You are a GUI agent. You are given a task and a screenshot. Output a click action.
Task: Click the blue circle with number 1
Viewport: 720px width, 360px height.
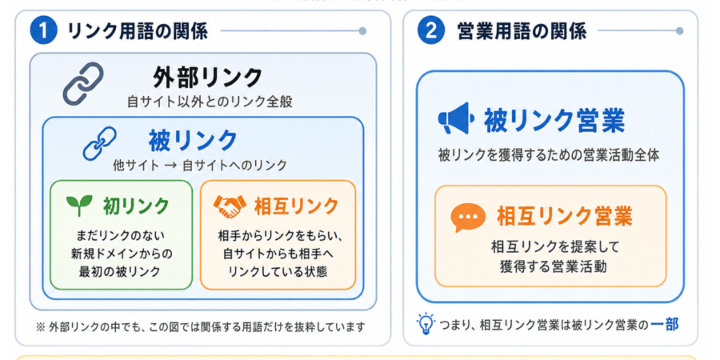(x=44, y=31)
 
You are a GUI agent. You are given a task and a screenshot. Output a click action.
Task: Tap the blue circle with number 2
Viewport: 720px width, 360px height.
(x=431, y=31)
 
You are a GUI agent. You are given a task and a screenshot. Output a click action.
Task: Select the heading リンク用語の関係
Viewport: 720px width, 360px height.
(x=138, y=32)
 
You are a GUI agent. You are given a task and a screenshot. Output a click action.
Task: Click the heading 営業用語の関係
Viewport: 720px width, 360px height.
(x=522, y=32)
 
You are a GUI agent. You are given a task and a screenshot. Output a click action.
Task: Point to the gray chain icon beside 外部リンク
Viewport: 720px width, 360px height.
(x=83, y=83)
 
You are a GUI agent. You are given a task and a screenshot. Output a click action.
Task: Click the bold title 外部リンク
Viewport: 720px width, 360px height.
(x=207, y=78)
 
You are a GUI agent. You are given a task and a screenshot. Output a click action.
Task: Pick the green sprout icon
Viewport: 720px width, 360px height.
(x=79, y=206)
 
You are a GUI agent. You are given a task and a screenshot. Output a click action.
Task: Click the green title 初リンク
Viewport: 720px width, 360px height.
(x=136, y=206)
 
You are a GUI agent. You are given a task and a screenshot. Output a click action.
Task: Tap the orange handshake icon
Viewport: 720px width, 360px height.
(x=230, y=206)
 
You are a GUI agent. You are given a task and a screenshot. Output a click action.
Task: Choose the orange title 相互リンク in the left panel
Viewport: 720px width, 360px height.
(x=297, y=206)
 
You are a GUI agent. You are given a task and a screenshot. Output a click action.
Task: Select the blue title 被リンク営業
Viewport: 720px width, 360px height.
(x=554, y=121)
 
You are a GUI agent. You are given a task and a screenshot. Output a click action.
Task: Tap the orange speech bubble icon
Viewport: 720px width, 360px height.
(x=468, y=217)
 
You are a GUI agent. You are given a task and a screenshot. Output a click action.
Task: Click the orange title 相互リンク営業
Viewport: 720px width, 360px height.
(x=564, y=216)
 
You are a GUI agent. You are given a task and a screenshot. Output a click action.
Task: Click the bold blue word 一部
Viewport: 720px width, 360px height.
(x=665, y=325)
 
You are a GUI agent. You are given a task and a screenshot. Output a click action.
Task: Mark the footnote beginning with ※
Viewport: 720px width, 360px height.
(x=200, y=327)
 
